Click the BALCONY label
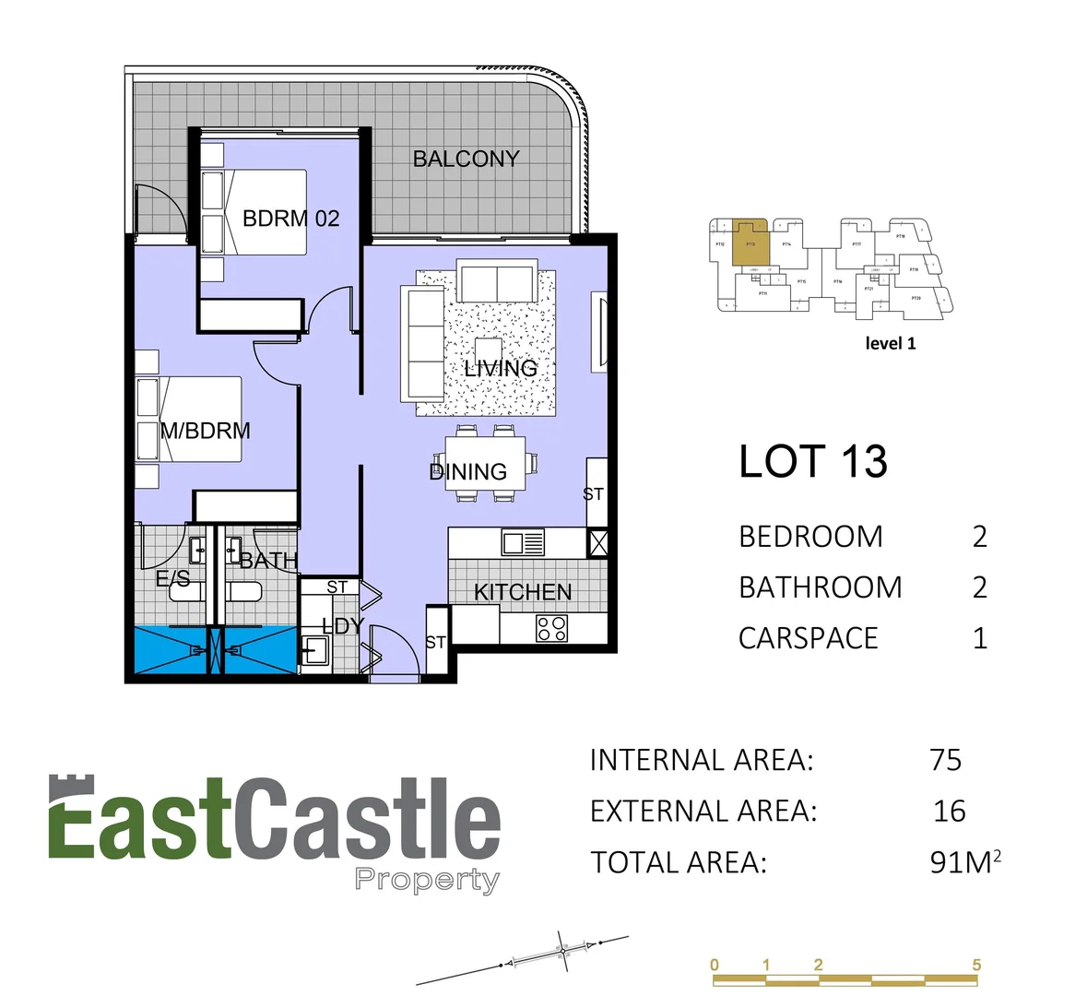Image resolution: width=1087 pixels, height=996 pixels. [466, 159]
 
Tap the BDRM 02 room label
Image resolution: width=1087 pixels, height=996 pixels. [290, 219]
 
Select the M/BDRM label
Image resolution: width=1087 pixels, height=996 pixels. [205, 431]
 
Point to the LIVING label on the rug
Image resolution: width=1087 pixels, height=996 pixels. [500, 369]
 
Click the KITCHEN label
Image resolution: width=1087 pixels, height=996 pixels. [523, 592]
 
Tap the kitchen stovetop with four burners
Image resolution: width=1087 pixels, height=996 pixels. [551, 629]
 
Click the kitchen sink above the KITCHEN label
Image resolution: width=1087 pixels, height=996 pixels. [523, 541]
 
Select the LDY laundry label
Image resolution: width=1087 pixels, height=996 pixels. [342, 626]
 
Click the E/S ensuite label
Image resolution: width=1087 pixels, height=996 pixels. [173, 579]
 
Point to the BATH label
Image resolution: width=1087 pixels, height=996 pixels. [268, 560]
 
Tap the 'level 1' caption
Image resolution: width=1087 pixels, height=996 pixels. [891, 343]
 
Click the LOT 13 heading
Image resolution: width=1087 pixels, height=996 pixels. [812, 461]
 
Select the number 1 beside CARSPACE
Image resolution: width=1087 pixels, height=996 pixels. [979, 638]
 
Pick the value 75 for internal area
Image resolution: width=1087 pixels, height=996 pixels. [946, 760]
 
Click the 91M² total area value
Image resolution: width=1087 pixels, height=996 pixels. [964, 862]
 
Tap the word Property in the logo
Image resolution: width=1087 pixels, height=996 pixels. [427, 880]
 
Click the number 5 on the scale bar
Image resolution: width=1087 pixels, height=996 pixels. [976, 965]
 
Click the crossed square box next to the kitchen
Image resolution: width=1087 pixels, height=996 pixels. [597, 542]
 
